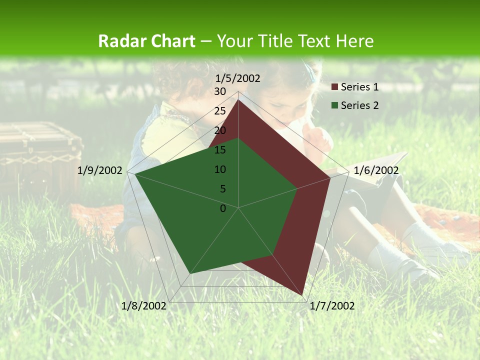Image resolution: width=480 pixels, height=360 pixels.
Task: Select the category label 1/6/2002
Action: click(x=376, y=170)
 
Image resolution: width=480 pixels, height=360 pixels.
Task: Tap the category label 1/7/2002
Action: click(x=332, y=305)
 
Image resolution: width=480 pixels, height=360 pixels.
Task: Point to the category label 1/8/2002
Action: click(x=144, y=305)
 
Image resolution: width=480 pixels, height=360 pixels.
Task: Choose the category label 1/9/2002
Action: click(x=100, y=170)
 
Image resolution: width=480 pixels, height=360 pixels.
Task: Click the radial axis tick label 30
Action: click(x=220, y=91)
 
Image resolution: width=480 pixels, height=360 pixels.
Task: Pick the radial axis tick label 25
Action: click(x=220, y=111)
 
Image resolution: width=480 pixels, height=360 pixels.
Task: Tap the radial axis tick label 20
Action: click(x=220, y=130)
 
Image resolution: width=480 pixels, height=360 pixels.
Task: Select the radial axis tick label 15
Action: click(x=220, y=150)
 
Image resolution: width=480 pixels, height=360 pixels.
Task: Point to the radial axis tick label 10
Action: click(x=220, y=169)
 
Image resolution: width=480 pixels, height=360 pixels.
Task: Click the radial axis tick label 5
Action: click(x=222, y=189)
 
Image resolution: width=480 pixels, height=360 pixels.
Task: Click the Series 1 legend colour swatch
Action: click(x=335, y=87)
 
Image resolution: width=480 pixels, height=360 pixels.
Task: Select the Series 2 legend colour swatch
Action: click(x=335, y=105)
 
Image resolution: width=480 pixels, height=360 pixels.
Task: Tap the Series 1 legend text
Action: click(x=359, y=87)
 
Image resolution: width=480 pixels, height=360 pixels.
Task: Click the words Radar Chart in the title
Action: click(x=146, y=41)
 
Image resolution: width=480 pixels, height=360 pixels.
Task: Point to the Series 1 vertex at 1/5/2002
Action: click(x=238, y=99)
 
